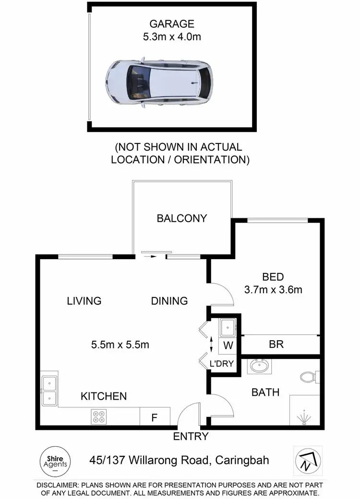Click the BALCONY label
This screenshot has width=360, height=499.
coord(182,218)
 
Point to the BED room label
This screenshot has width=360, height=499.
coord(273,277)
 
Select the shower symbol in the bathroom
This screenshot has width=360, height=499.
coord(304,416)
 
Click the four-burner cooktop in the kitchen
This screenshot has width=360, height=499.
coord(99,416)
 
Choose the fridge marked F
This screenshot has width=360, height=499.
coord(155,417)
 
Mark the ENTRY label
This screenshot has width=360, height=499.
coord(191,437)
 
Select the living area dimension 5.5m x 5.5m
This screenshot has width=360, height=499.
coord(120,345)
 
